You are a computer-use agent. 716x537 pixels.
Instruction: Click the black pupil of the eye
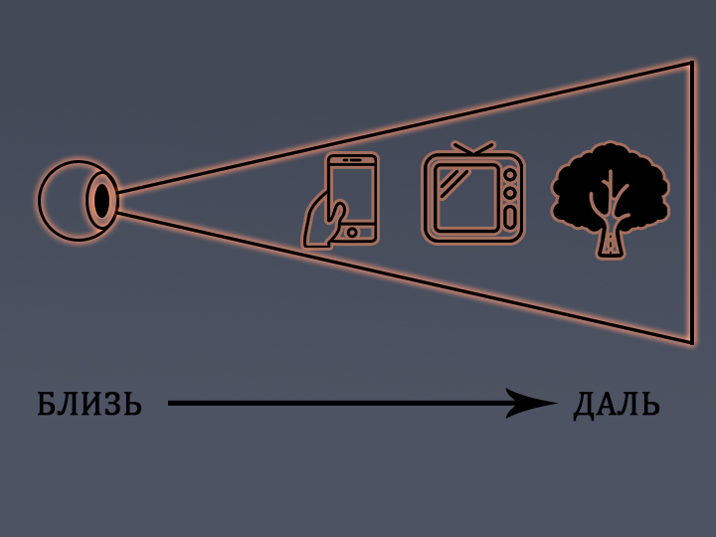101,200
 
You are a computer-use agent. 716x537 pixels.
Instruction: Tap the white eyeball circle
66,200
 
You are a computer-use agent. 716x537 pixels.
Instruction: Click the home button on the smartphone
352,233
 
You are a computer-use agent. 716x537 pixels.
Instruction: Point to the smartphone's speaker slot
352,160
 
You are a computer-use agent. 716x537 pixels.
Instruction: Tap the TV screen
465,197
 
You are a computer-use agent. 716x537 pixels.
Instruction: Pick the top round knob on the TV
509,174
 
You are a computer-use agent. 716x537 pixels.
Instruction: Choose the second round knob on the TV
509,190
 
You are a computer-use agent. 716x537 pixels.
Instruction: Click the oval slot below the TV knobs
509,216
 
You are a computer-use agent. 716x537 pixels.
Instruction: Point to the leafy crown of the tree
610,179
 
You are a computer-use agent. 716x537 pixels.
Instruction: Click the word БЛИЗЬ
89,405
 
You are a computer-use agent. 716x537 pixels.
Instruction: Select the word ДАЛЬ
617,405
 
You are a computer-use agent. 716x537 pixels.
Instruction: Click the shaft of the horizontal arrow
338,403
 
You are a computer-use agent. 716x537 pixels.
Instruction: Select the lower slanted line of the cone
398,274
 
